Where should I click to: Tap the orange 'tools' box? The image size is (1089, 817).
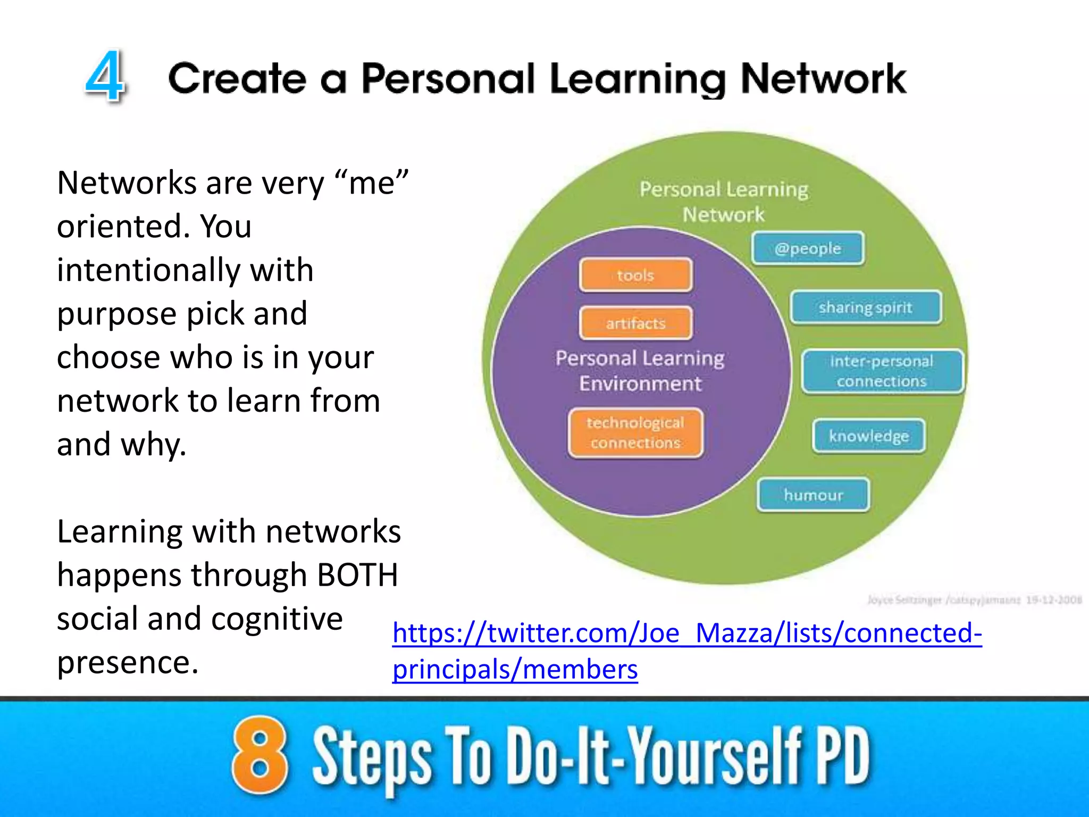pyautogui.click(x=636, y=275)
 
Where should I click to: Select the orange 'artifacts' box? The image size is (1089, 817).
pyautogui.click(x=636, y=323)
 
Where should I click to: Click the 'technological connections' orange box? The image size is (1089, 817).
pyautogui.click(x=635, y=432)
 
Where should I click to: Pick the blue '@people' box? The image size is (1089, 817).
pyautogui.click(x=808, y=248)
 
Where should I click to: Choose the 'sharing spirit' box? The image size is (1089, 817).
pyautogui.click(x=866, y=307)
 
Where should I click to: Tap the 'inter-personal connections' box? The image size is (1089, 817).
pyautogui.click(x=882, y=371)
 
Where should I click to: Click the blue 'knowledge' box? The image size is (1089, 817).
pyautogui.click(x=869, y=436)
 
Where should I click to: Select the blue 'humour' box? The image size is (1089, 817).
pyautogui.click(x=814, y=495)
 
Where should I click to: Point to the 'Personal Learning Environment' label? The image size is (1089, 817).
pyautogui.click(x=640, y=371)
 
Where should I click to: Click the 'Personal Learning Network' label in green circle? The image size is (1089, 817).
pyautogui.click(x=724, y=202)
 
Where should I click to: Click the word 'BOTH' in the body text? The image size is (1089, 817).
pyautogui.click(x=357, y=575)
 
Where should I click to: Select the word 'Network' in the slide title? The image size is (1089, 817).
pyautogui.click(x=823, y=79)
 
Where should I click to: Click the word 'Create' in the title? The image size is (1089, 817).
pyautogui.click(x=237, y=79)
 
